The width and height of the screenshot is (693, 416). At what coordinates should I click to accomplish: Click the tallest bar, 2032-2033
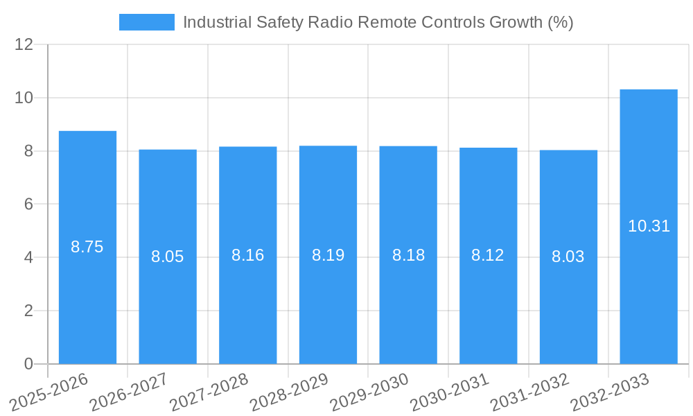(x=649, y=291)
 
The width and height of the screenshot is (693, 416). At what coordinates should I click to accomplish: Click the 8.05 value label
(x=168, y=257)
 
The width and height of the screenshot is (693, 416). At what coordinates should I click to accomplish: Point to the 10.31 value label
(x=649, y=226)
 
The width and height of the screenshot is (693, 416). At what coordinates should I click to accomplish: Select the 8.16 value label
(x=247, y=255)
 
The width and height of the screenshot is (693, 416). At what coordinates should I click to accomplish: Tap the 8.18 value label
(x=408, y=255)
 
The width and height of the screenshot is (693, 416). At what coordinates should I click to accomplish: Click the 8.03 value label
(x=568, y=257)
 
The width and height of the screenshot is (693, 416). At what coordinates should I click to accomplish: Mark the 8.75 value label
(x=87, y=247)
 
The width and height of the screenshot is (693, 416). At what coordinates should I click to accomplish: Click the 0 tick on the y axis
(x=28, y=364)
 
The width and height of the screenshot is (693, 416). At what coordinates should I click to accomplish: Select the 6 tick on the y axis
(x=28, y=204)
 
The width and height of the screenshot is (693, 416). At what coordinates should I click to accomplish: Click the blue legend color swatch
(x=147, y=22)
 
